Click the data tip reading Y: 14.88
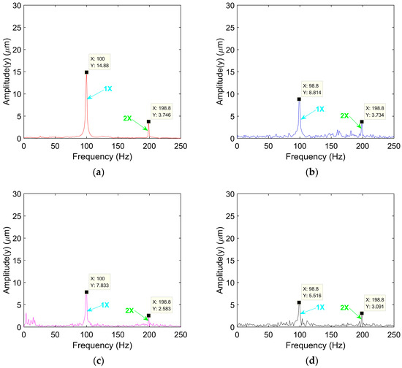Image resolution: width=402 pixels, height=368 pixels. [99, 62]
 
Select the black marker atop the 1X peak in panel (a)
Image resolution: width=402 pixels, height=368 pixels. [87, 72]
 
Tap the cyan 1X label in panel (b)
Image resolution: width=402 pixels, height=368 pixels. [319, 109]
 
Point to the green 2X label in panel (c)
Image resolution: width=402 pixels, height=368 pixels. [129, 310]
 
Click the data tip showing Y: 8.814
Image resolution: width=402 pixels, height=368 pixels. [312, 89]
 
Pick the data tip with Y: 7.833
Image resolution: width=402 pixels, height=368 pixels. [99, 282]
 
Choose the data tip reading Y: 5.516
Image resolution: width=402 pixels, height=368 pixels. [312, 292]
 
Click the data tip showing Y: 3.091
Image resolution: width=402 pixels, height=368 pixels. [375, 303]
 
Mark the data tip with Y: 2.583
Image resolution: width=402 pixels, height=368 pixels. [162, 305]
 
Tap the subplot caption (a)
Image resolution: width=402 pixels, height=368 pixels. [99, 172]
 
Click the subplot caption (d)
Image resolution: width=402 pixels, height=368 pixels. [312, 361]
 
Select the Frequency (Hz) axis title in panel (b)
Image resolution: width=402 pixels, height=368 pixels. [315, 156]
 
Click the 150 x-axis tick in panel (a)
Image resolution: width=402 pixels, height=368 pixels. [118, 146]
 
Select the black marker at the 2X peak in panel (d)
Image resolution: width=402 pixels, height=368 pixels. [362, 313]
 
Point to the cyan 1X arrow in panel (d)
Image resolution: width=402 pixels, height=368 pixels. [308, 310]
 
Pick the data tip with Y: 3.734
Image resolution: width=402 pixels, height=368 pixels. [375, 112]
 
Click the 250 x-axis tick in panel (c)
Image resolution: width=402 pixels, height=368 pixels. [181, 335]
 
